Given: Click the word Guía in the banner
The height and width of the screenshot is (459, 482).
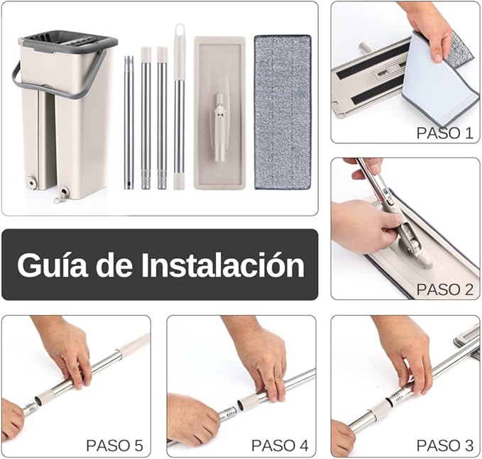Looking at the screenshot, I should point(49,265).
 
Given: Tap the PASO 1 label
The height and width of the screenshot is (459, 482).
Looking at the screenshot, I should point(444,132).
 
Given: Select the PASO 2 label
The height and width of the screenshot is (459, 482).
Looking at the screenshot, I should point(444,289).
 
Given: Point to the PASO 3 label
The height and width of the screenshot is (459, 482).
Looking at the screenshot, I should point(444,446).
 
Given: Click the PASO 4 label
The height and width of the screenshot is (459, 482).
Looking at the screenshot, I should point(279,446).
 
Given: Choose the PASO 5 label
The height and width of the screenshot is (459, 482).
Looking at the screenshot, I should point(114,446).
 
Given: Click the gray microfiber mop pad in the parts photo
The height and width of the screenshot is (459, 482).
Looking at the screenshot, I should point(283,111).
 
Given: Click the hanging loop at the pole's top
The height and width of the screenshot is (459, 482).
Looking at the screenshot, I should point(179,34).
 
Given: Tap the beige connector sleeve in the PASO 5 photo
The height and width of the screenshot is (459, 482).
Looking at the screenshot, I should point(48,395).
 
